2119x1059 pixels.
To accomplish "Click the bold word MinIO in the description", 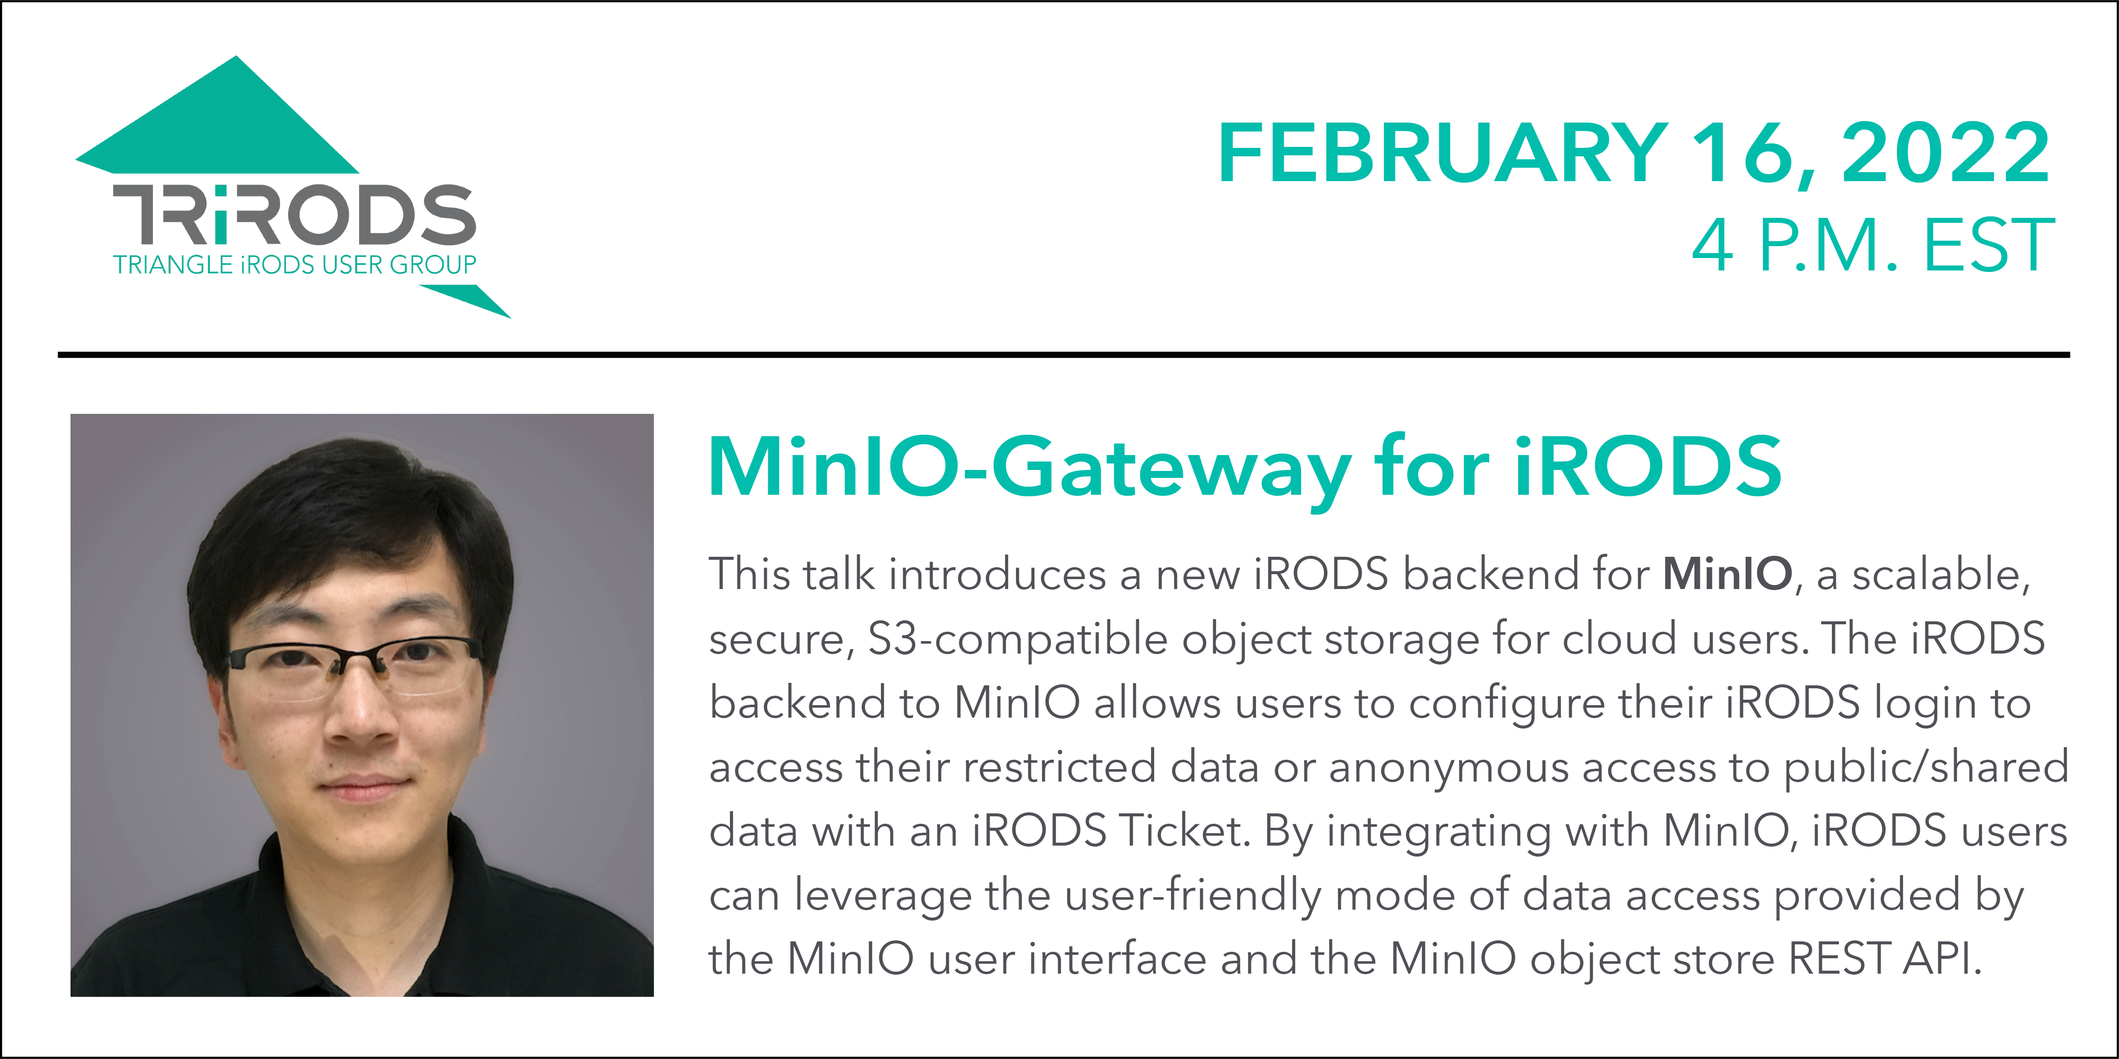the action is pos(1728,574).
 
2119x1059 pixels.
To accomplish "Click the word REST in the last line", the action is pos(1838,959).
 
